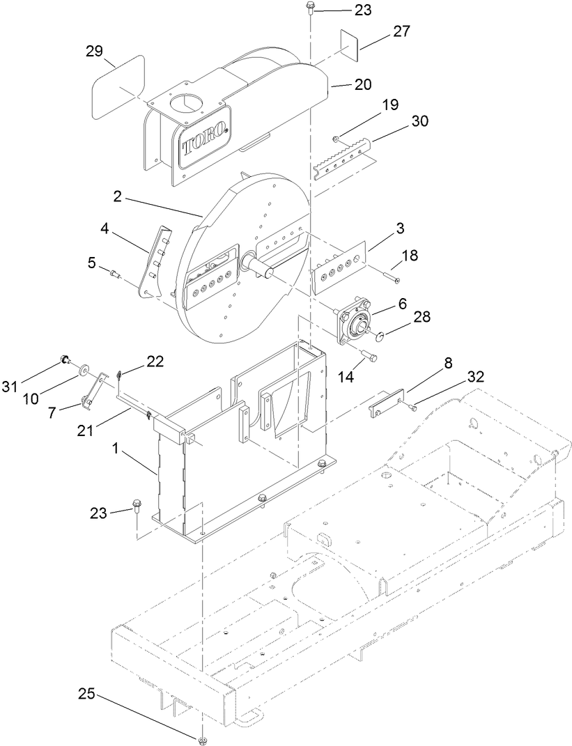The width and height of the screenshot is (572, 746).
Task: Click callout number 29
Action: click(95, 52)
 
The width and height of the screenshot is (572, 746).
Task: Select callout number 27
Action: click(381, 31)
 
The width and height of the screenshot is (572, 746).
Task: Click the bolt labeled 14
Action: click(369, 358)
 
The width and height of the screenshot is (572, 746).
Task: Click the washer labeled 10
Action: click(85, 367)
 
